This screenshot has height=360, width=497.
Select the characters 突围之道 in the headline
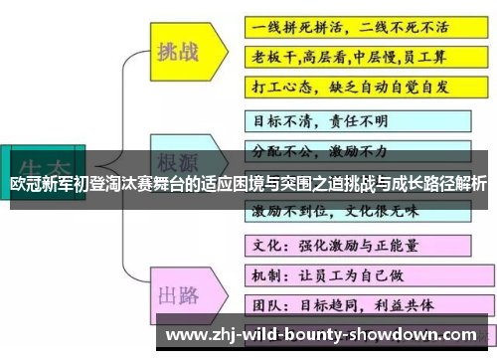[x=312, y=184]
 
